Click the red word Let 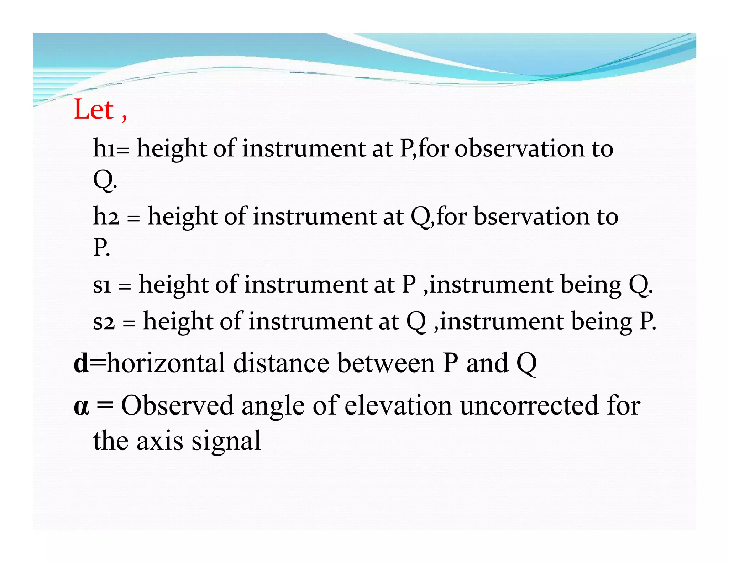coord(94,109)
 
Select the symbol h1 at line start coord(104,148)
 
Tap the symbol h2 coord(106,216)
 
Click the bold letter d coord(81,363)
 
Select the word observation coord(519,148)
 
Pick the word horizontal coord(166,363)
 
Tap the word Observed coord(177,406)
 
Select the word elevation coord(398,406)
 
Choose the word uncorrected coord(529,406)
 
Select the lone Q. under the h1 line coord(104,180)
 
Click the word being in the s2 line coord(601,321)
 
